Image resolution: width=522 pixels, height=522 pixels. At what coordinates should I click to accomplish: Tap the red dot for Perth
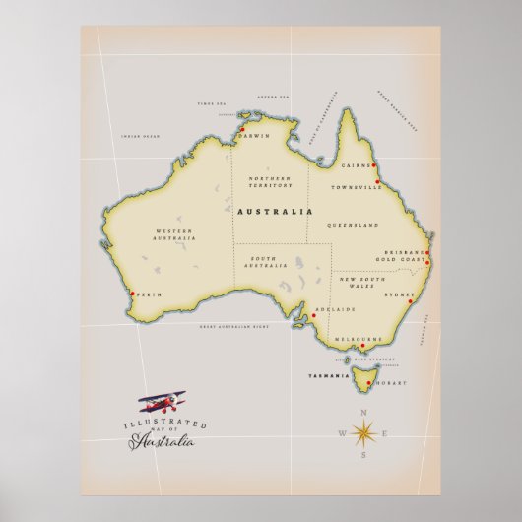[132, 293]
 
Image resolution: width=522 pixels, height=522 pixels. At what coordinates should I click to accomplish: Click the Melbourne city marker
[361, 346]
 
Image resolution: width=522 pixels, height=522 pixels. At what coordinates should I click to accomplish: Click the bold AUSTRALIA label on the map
[275, 212]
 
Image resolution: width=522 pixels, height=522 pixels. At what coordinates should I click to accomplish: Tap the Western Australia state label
[173, 234]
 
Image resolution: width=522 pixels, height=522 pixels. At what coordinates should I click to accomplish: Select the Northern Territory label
[270, 178]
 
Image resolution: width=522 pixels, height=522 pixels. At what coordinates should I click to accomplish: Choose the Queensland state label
[359, 226]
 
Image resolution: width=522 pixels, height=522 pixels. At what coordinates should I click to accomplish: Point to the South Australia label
[262, 262]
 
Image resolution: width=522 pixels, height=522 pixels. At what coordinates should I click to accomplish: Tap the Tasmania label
[328, 376]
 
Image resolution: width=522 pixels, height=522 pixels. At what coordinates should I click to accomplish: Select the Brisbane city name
[404, 252]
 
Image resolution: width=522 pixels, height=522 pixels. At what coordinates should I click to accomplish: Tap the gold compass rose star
[361, 432]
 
